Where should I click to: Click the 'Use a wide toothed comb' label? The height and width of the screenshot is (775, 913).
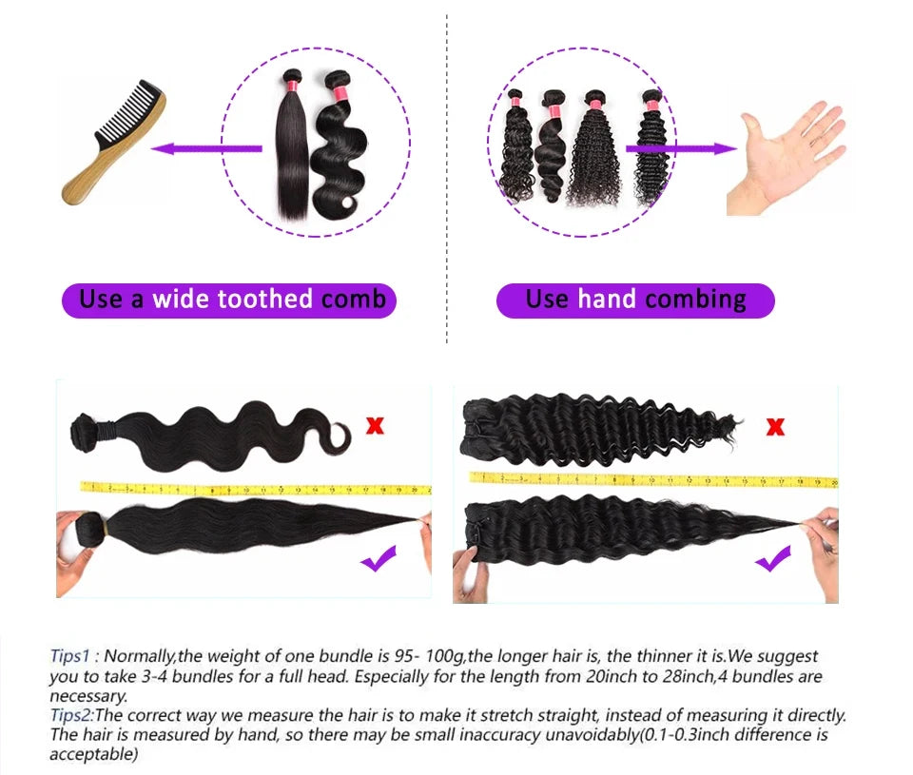coord(229,300)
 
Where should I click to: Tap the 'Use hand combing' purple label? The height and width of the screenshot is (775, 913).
coord(635,300)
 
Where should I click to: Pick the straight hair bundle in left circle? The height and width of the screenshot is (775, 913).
coord(290,147)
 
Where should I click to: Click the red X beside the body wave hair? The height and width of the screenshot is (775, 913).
coord(375,425)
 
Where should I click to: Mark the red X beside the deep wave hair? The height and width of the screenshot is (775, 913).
coord(775,426)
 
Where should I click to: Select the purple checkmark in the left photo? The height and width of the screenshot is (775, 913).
coord(379,561)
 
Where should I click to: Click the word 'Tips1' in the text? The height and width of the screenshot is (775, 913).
coord(69,656)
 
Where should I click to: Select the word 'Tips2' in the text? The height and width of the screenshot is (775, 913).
coord(70,715)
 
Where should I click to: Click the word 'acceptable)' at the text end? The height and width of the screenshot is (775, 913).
coord(94,754)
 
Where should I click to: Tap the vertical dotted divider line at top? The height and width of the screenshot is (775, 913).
coord(447,181)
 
